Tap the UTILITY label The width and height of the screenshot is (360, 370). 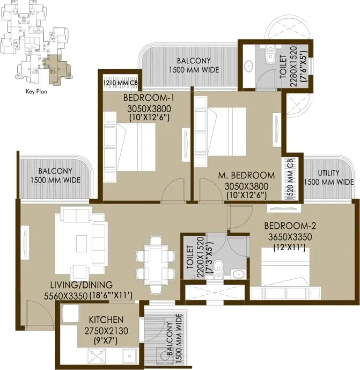pyautogui.click(x=328, y=172)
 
